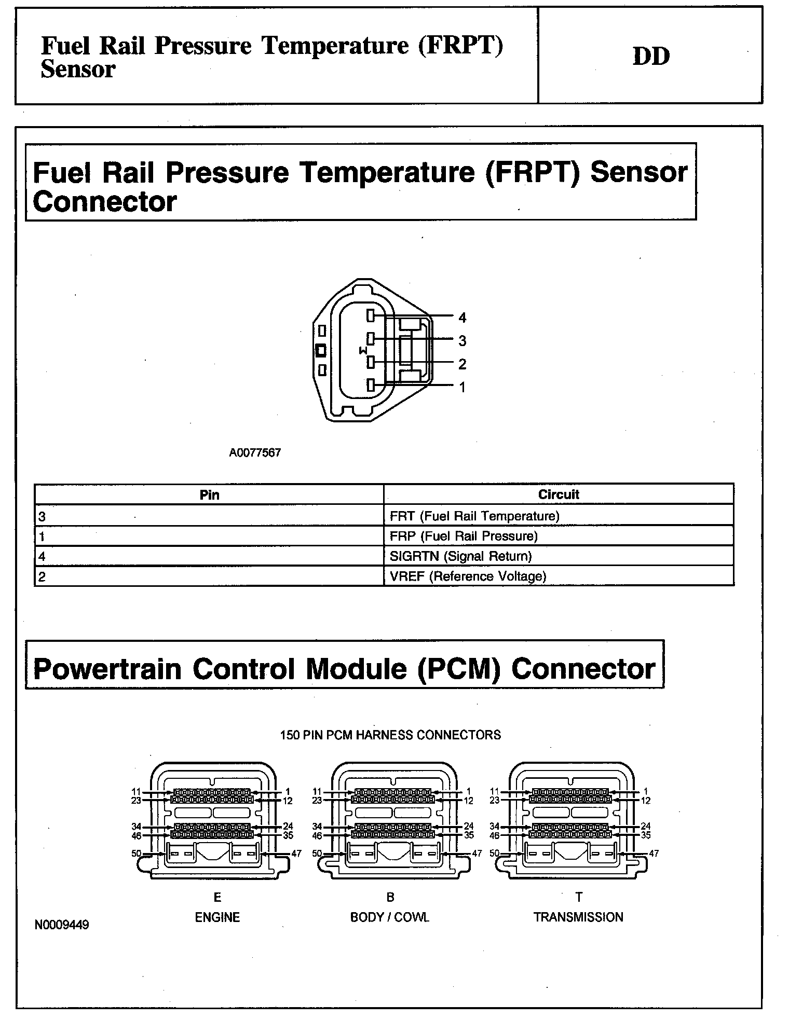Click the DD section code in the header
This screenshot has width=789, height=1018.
click(x=651, y=56)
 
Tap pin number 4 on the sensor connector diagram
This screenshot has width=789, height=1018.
click(x=462, y=318)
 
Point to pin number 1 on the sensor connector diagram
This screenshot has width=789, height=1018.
click(x=462, y=387)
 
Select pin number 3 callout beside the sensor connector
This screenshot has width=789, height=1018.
click(x=462, y=341)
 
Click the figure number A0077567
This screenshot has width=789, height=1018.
click(x=255, y=452)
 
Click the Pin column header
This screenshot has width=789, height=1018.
click(x=209, y=495)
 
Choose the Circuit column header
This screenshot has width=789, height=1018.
click(x=559, y=494)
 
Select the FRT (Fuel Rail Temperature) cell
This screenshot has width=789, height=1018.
click(x=474, y=516)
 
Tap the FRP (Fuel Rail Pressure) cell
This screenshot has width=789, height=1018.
click(x=464, y=536)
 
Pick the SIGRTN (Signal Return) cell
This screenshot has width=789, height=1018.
click(x=460, y=556)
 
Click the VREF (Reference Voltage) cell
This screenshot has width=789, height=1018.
click(x=468, y=576)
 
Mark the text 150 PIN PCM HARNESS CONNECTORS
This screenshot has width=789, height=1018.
click(x=390, y=735)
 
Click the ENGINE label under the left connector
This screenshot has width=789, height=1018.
click(x=217, y=917)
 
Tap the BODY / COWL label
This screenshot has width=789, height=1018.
click(x=390, y=917)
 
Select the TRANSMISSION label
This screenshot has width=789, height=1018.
click(x=578, y=917)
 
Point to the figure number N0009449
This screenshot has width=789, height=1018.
click(x=62, y=925)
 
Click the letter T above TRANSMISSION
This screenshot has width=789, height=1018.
click(x=579, y=897)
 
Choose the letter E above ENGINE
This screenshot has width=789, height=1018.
click(x=217, y=897)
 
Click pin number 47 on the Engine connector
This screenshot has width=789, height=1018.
click(x=296, y=854)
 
